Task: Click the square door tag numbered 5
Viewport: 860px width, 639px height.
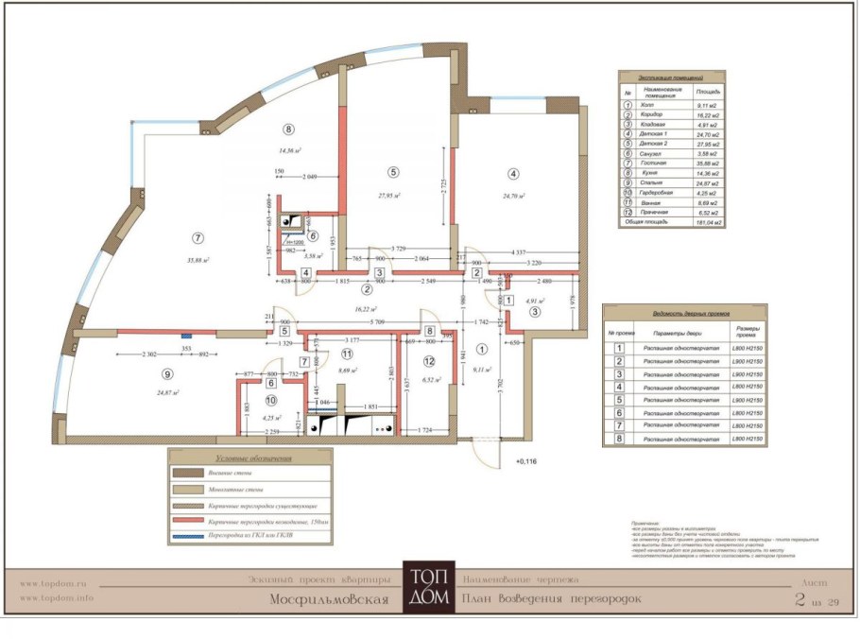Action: (284, 332)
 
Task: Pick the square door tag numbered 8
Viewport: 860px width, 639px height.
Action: (429, 332)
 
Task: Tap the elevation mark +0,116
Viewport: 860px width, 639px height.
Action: (525, 461)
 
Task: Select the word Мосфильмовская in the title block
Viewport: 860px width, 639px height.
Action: (330, 599)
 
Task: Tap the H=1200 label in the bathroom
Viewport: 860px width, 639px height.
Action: (296, 243)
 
